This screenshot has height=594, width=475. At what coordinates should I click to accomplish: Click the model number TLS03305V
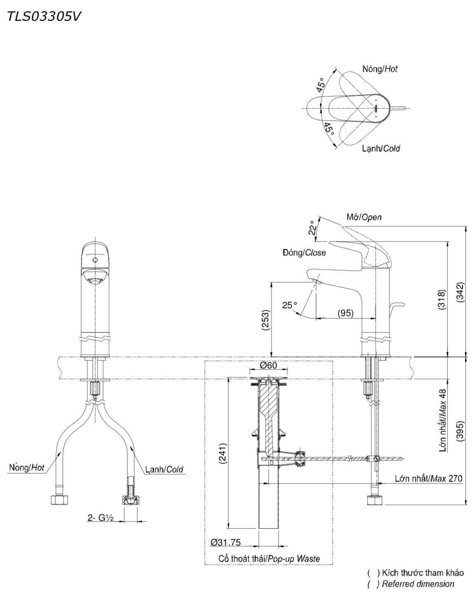pyautogui.click(x=44, y=17)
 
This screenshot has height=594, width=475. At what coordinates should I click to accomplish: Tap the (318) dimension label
pyautogui.click(x=442, y=300)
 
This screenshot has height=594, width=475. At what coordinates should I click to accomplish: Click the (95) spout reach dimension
pyautogui.click(x=345, y=313)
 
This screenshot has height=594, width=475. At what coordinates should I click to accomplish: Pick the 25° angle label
pyautogui.click(x=290, y=305)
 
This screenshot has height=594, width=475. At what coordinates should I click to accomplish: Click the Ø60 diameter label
pyautogui.click(x=268, y=365)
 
